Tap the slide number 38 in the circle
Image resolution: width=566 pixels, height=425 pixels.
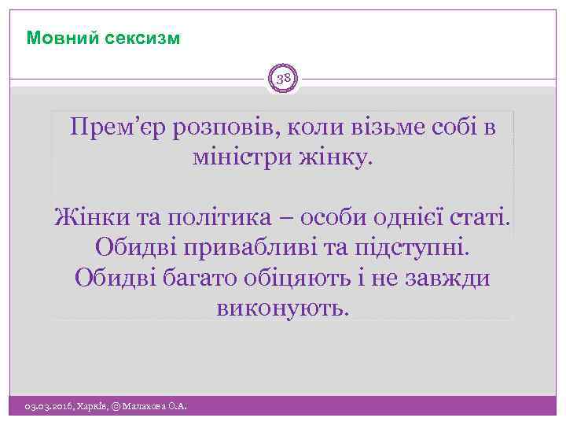click(283, 79)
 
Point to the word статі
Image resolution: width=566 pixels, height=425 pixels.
click(478, 216)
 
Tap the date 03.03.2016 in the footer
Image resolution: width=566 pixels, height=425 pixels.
click(48, 406)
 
